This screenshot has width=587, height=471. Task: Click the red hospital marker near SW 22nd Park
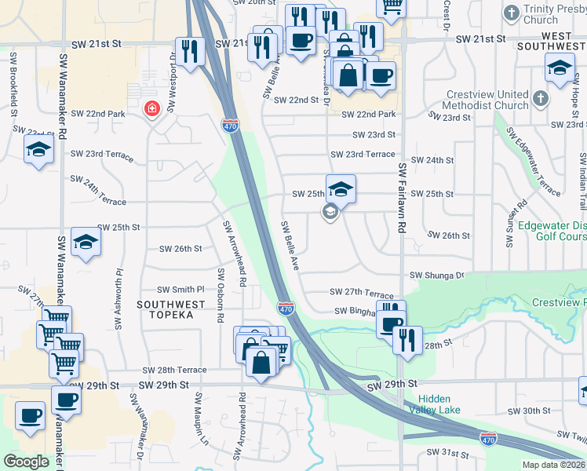point(151,109)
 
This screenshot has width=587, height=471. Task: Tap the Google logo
point(26,462)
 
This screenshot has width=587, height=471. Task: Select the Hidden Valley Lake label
point(433,403)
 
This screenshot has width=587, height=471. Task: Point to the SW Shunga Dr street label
point(437,276)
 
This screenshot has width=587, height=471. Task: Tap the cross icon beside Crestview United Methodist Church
point(540,99)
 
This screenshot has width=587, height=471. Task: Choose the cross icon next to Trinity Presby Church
point(511,13)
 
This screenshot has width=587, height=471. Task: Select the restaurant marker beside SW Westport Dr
point(190,50)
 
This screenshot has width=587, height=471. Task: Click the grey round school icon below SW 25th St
point(330,212)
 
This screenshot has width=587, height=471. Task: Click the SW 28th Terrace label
point(174,370)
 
